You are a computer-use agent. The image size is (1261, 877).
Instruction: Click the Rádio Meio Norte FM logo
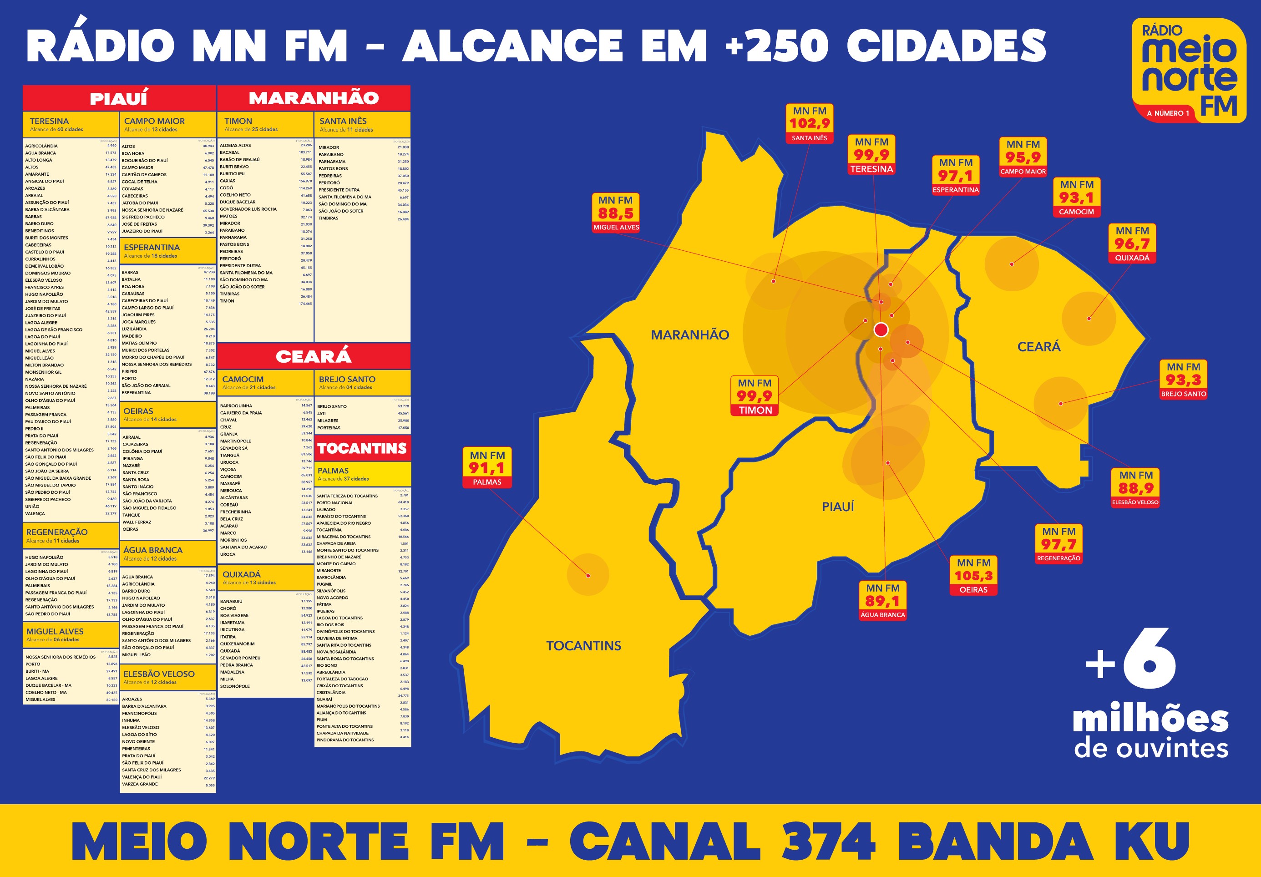1189,70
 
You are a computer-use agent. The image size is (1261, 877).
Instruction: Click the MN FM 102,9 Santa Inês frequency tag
809,123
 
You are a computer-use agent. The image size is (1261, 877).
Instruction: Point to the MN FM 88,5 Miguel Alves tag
616,213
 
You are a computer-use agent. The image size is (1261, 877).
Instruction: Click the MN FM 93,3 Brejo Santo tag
1184,380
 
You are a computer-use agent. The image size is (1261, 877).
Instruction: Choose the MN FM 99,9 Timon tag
755,396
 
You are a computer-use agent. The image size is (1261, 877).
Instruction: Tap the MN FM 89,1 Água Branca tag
882,601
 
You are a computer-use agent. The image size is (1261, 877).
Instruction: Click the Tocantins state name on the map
583,646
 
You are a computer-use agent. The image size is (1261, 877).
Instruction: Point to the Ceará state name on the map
1038,346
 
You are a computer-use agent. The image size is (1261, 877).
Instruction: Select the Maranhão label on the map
690,335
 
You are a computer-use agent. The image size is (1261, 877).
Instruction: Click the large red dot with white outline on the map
881,330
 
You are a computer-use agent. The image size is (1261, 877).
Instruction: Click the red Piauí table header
119,98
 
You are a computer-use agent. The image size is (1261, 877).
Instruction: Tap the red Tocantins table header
362,449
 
